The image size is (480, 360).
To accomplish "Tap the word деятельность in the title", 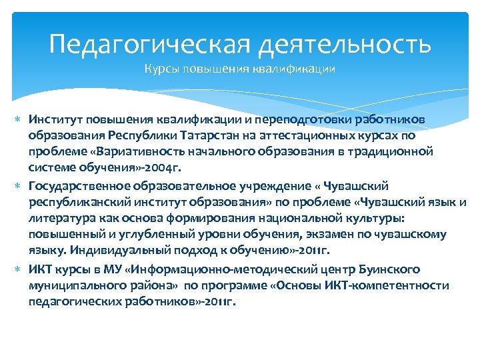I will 343,45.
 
